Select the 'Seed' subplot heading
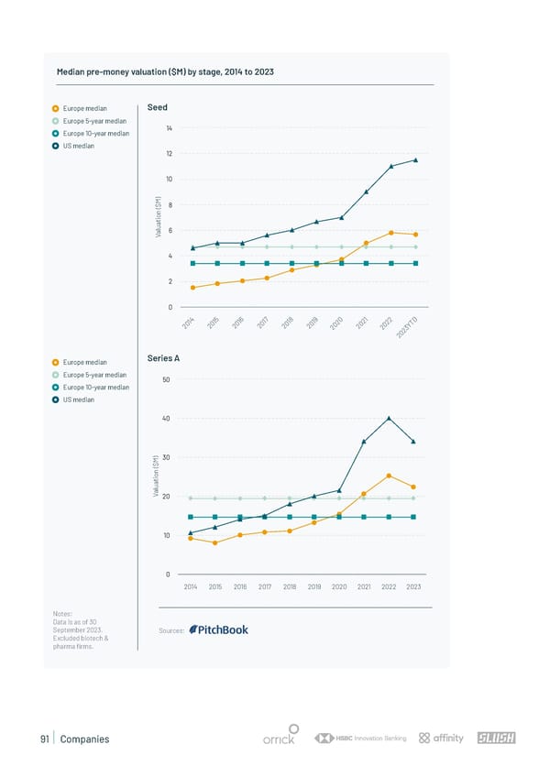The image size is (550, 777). coord(156,107)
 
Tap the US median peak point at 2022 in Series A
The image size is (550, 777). coord(389,418)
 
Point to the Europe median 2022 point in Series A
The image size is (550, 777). coord(389,476)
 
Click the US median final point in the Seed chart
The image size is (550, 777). coord(415,160)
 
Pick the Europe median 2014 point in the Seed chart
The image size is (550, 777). coord(192,288)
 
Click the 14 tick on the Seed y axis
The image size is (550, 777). coord(170,127)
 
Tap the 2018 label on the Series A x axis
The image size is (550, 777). coord(290,586)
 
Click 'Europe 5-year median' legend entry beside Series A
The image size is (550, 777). coord(94,375)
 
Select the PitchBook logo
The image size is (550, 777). coord(218,629)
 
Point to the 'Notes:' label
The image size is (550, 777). coord(66,613)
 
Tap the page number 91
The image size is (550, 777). coord(44,739)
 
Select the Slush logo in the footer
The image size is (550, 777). coord(496,739)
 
